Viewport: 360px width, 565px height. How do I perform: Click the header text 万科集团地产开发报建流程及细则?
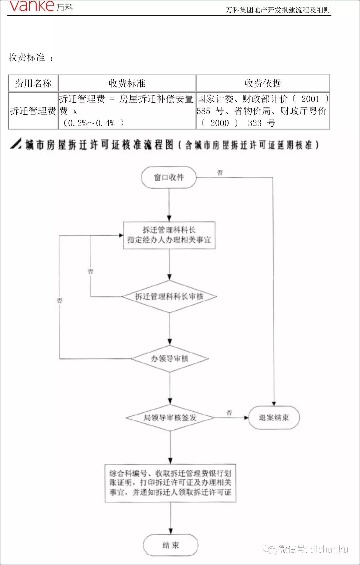pyautogui.click(x=277, y=10)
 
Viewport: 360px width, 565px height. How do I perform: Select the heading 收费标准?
pyautogui.click(x=27, y=57)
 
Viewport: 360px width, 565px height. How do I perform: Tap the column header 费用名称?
pyautogui.click(x=33, y=83)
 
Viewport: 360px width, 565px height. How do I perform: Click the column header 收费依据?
pyautogui.click(x=263, y=83)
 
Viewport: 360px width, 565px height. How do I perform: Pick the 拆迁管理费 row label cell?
pyautogui.click(x=33, y=111)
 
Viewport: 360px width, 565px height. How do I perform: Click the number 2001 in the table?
pyautogui.click(x=310, y=99)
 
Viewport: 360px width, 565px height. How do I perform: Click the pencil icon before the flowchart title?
pyautogui.click(x=16, y=144)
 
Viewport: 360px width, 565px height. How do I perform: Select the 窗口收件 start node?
pyautogui.click(x=169, y=178)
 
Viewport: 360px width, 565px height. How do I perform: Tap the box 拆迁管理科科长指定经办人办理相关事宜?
pyautogui.click(x=169, y=235)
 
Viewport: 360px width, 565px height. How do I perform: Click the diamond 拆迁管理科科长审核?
pyautogui.click(x=169, y=296)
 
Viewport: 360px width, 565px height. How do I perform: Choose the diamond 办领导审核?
pyautogui.click(x=170, y=359)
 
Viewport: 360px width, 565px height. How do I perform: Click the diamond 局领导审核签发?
pyautogui.click(x=170, y=418)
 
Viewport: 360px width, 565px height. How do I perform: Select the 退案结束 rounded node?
pyautogui.click(x=274, y=418)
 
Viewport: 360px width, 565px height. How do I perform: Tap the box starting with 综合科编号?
pyautogui.click(x=170, y=483)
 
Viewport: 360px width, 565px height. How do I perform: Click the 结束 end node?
pyautogui.click(x=171, y=545)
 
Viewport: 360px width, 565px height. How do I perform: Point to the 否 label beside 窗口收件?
pyautogui.click(x=220, y=173)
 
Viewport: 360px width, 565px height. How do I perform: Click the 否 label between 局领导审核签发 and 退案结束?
pyautogui.click(x=229, y=413)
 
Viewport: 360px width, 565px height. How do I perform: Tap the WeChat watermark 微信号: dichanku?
pyautogui.click(x=307, y=549)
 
